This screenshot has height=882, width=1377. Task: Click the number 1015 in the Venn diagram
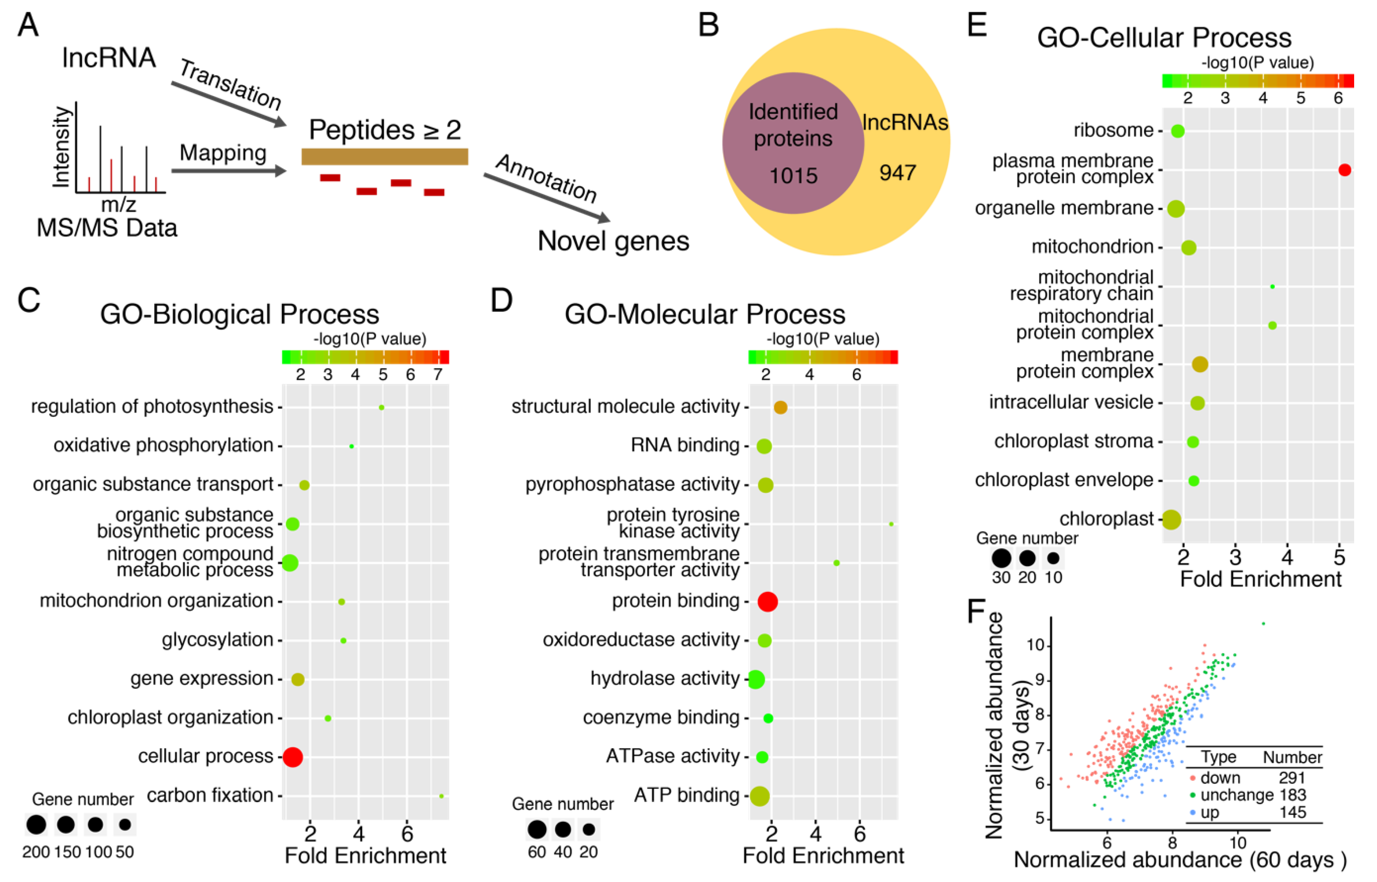point(793,175)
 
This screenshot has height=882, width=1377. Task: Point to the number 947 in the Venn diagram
point(897,172)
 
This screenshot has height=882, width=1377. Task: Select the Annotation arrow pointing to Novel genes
point(547,198)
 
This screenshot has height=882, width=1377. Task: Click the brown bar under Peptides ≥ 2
point(385,156)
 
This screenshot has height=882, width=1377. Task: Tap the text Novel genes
point(613,241)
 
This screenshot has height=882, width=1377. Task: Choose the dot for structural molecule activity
point(780,407)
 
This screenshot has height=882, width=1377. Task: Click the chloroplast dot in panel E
point(1171,519)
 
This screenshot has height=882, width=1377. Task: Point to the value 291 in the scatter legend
point(1292,778)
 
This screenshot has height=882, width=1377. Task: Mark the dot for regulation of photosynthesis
point(382,407)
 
